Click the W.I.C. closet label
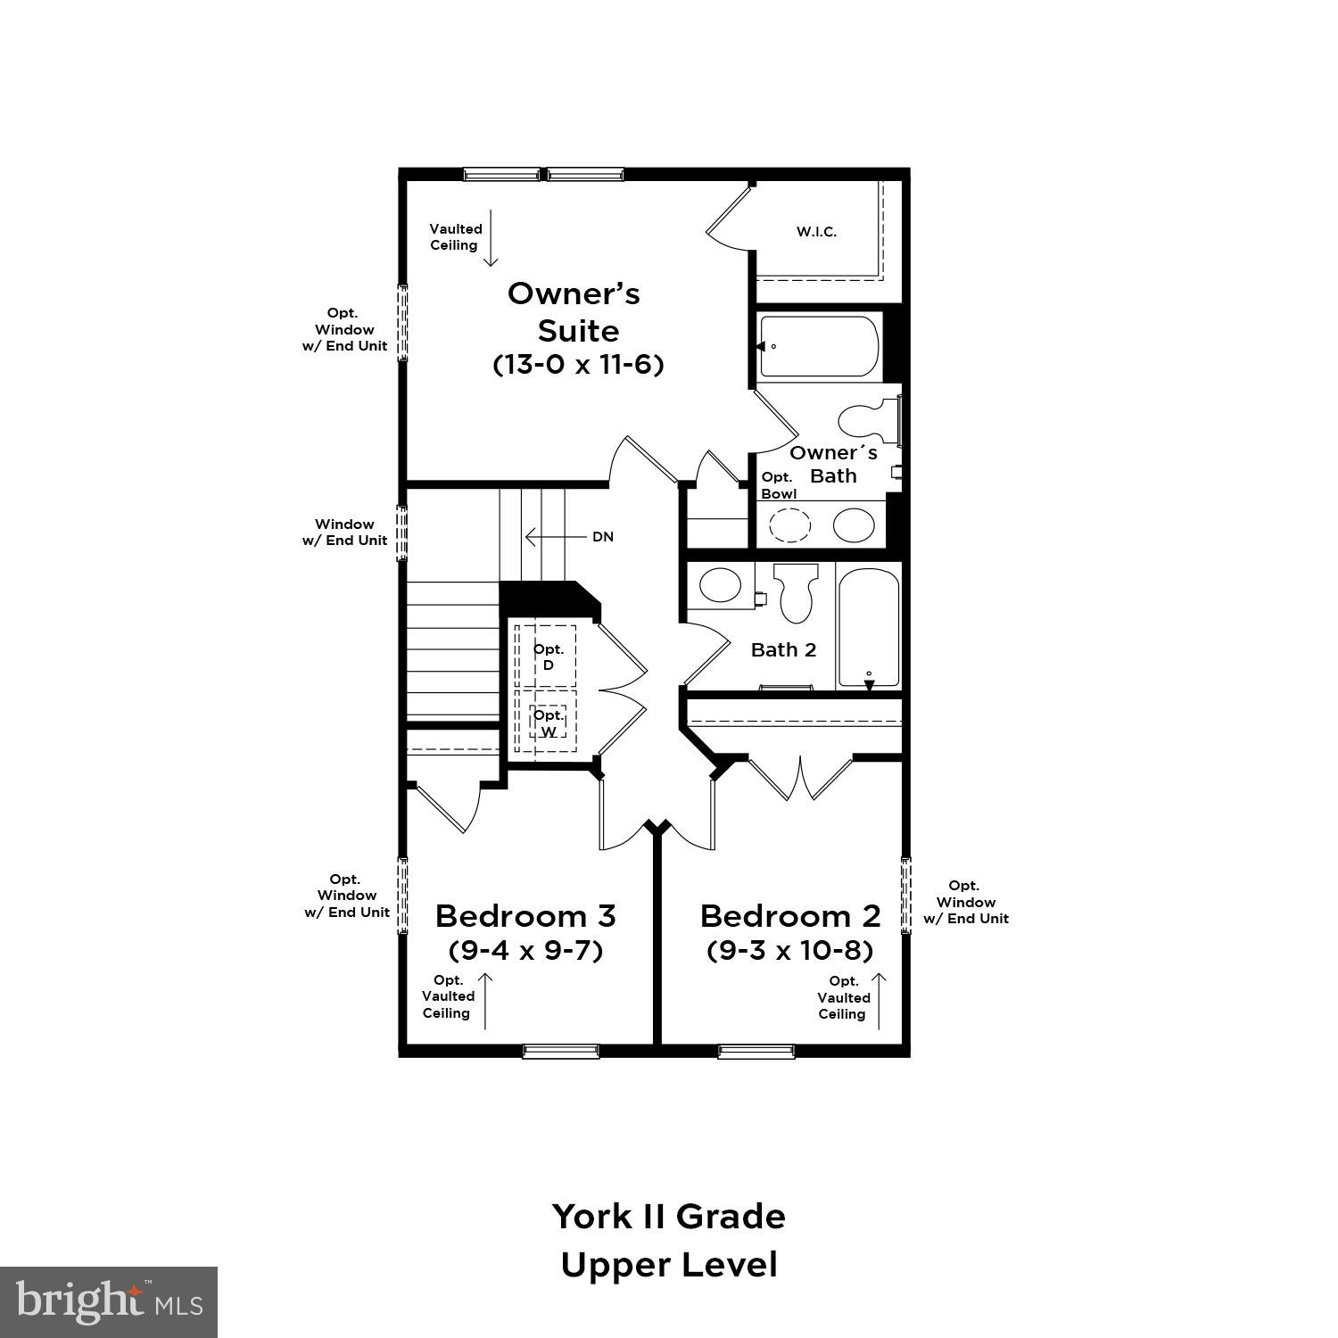pos(816,232)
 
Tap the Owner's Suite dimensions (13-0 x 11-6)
pos(578,365)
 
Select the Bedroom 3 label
pos(525,916)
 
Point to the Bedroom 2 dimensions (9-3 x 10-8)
pos(789,950)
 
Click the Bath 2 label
pos(783,649)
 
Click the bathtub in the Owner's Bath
pos(818,346)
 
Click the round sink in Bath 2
pos(720,585)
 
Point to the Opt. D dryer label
pos(548,657)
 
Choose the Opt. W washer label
pos(549,723)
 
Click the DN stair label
pos(603,537)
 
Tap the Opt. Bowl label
pos(778,485)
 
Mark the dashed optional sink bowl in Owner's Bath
pos(789,525)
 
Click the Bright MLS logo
pos(109,1302)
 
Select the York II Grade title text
pos(668,1216)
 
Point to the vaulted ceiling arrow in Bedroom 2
pos(879,1000)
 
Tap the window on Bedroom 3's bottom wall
pos(560,1051)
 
